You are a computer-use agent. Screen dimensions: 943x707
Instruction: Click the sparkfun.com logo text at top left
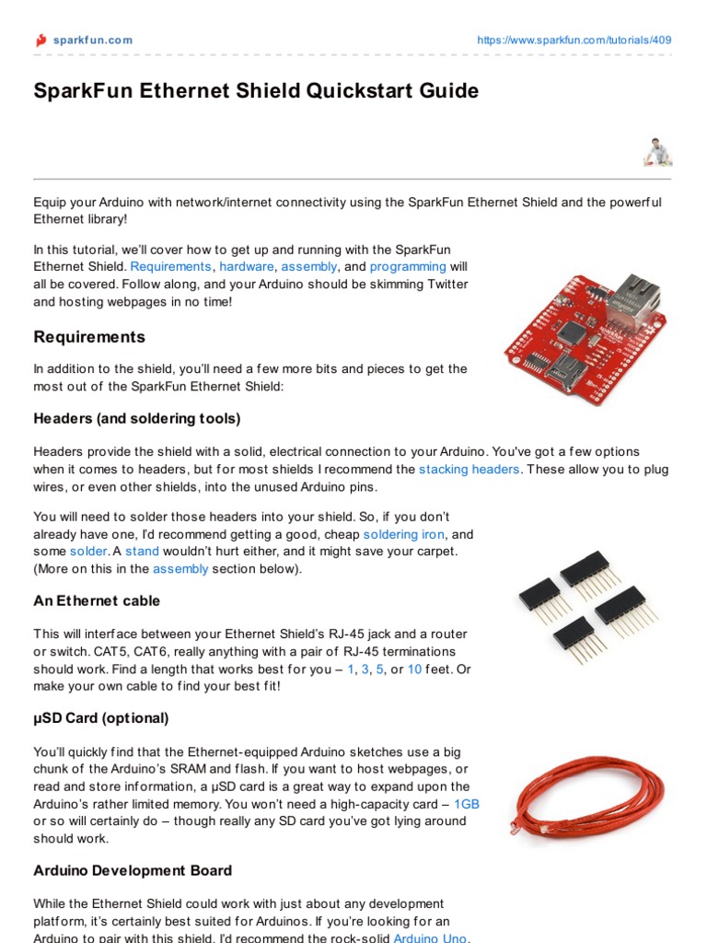tap(91, 40)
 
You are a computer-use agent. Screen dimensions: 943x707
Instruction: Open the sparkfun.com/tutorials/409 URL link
tap(574, 40)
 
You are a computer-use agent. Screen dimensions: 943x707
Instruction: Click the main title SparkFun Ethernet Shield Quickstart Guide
tap(256, 91)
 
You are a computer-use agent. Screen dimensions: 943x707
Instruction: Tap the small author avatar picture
tap(655, 152)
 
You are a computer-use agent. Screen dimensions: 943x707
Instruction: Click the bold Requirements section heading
tap(89, 337)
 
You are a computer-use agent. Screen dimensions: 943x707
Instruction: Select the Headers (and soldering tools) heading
tap(137, 419)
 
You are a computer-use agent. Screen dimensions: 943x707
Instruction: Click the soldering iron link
tap(404, 534)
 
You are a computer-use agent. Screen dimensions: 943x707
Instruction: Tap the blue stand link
tap(142, 552)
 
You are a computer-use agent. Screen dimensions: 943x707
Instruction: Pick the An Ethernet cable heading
tap(97, 600)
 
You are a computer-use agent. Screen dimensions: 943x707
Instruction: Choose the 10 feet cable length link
tap(414, 669)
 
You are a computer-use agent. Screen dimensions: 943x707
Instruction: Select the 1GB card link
tap(467, 804)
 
